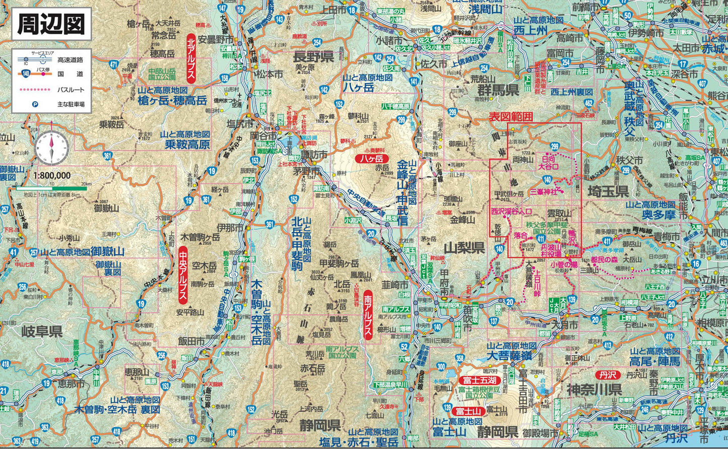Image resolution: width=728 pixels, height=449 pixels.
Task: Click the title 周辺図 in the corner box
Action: (51, 24)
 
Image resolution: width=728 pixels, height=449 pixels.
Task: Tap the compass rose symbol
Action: (51, 147)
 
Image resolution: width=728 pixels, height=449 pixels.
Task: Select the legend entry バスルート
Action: (71, 90)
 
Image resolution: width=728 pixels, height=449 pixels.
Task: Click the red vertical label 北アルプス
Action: (190, 58)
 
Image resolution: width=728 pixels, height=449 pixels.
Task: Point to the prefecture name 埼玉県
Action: (608, 191)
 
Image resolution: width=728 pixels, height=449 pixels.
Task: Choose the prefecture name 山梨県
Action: (464, 247)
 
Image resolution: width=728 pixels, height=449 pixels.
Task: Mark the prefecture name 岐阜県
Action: (42, 331)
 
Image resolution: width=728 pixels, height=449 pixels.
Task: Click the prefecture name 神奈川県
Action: (594, 390)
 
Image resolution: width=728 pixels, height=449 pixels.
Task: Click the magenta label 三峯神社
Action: (544, 192)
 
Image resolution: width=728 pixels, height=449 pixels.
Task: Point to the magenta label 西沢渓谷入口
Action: (511, 212)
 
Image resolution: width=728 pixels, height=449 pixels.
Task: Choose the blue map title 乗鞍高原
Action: (186, 145)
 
